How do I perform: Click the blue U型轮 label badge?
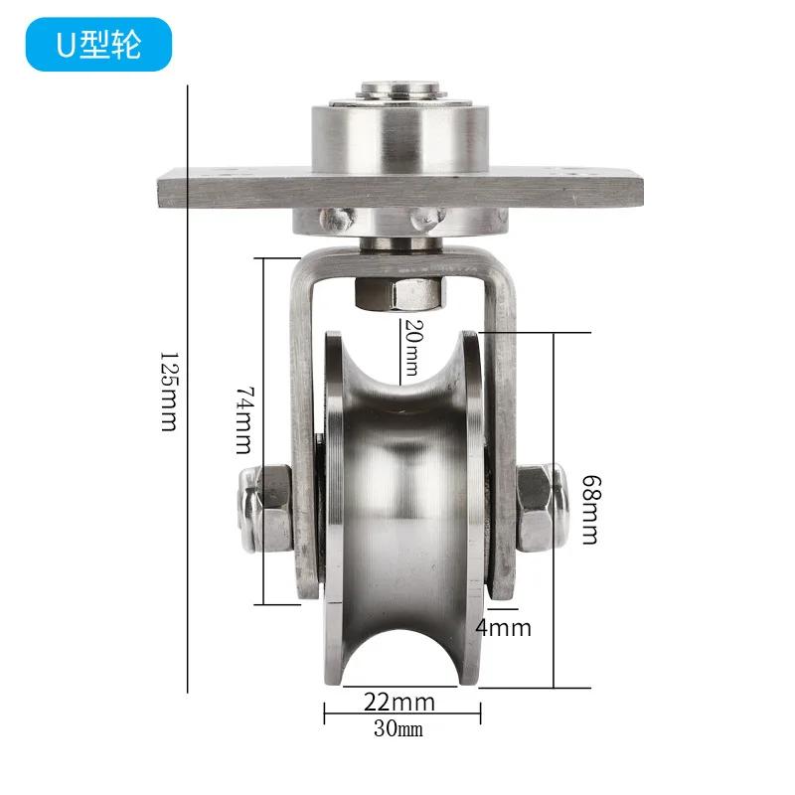pyautogui.click(x=98, y=46)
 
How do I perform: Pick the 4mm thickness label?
pyautogui.click(x=504, y=628)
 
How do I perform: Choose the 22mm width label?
pyautogui.click(x=398, y=702)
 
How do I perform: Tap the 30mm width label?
pyautogui.click(x=398, y=731)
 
